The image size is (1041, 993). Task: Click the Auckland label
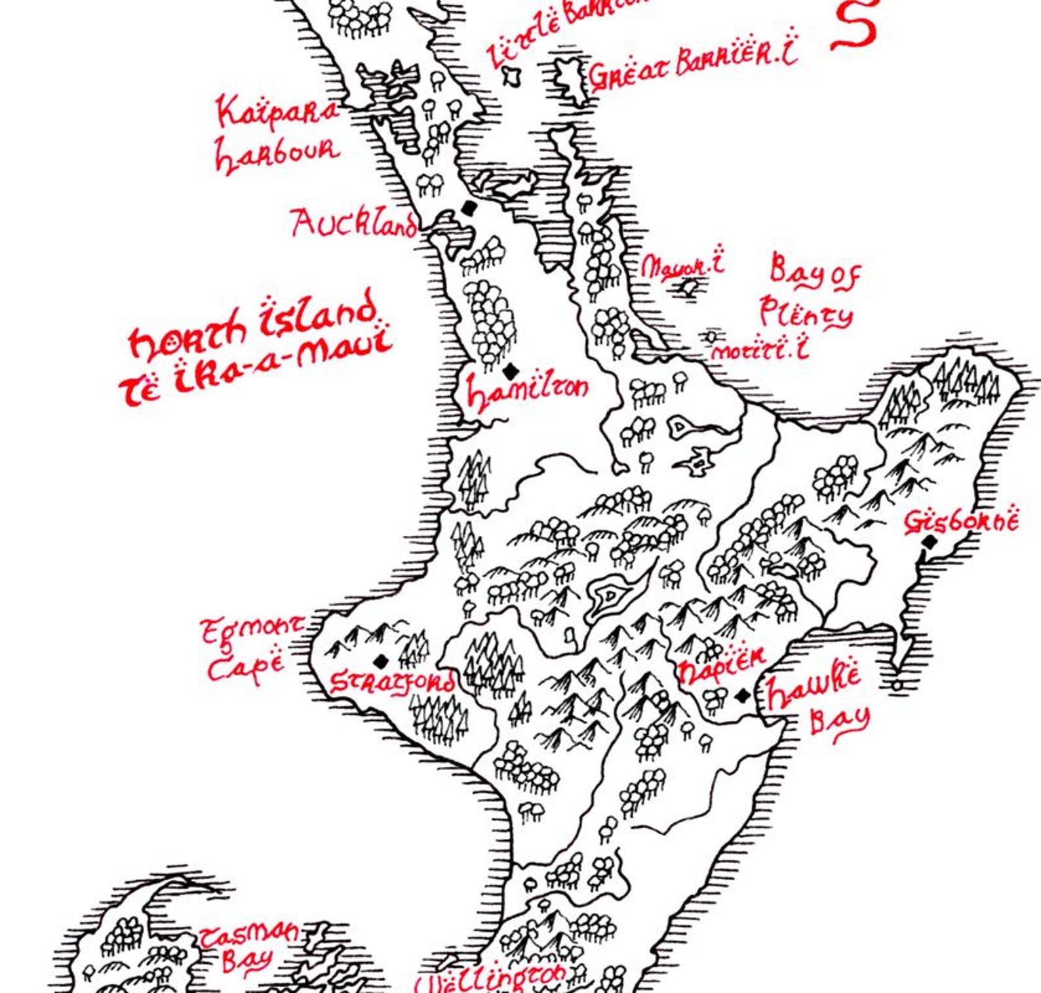coord(353,224)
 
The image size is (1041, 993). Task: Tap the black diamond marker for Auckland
coord(468,208)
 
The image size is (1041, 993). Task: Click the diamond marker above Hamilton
coord(511,371)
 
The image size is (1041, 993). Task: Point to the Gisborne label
coord(962,521)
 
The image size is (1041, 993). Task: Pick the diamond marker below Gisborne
coord(930,542)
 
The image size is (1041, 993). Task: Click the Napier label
coord(721,666)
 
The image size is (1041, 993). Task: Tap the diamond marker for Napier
coord(742,695)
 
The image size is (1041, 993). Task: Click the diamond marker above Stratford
coord(380,660)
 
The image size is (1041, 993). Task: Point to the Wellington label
coord(492,980)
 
